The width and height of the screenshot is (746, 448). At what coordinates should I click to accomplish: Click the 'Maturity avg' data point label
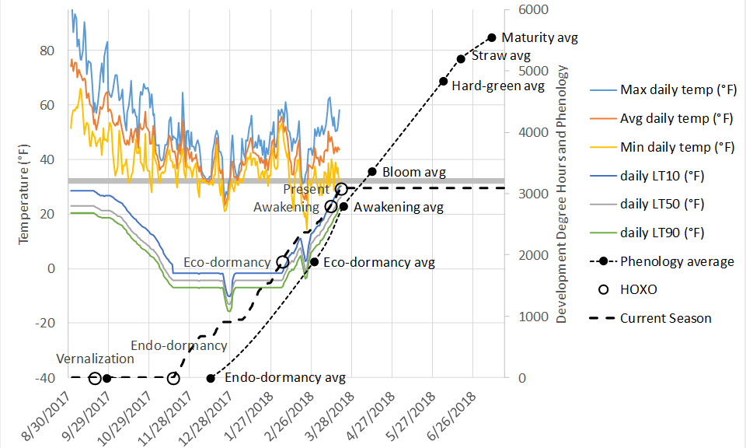point(540,37)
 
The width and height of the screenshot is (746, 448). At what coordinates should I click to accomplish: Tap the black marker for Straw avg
point(461,58)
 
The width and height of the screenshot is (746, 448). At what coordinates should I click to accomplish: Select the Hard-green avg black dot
point(443,81)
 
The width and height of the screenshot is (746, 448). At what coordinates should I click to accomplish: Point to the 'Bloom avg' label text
point(414,172)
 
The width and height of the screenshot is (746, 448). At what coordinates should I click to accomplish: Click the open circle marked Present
point(340,188)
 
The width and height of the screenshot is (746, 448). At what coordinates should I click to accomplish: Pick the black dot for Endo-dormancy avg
point(211,378)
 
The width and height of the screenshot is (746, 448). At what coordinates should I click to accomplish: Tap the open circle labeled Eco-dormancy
point(283,262)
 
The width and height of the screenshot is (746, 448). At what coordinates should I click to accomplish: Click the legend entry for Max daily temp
point(678,89)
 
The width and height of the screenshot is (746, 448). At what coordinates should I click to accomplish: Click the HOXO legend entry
point(640,289)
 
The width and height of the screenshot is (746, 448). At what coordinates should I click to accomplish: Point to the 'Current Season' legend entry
point(665,318)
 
